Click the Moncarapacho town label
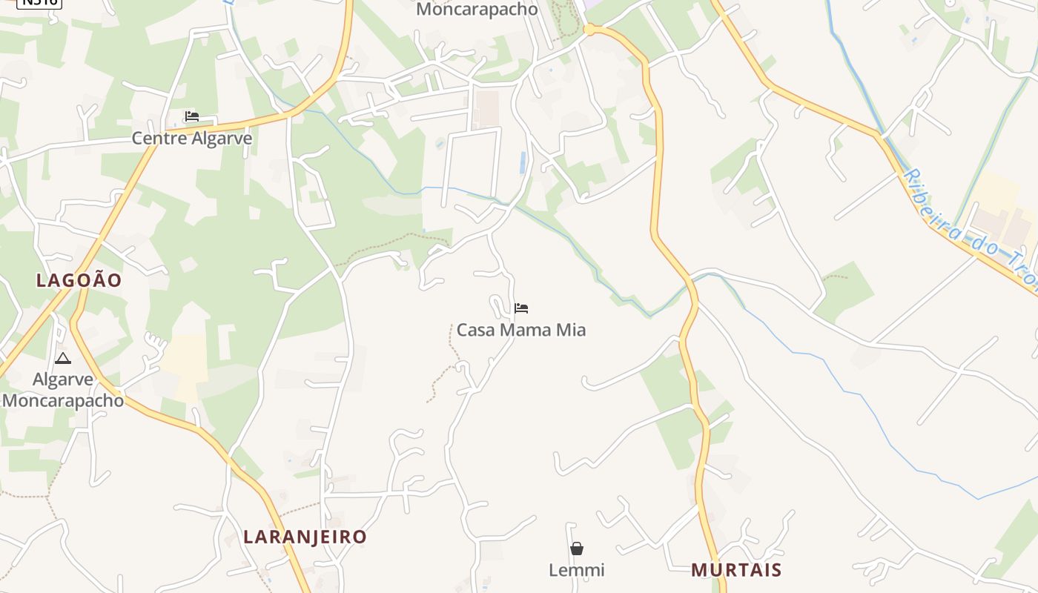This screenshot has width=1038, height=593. [477, 10]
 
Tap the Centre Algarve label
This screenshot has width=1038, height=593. [192, 139]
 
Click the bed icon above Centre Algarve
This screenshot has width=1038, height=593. [192, 116]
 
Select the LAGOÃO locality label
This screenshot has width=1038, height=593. [79, 280]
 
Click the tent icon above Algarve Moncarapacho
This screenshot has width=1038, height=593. [63, 360]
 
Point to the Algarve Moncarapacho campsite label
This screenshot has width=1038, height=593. [63, 390]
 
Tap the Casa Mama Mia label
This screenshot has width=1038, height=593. [520, 330]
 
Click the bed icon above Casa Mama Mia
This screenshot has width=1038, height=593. [521, 308]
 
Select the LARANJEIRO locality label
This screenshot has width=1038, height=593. [305, 537]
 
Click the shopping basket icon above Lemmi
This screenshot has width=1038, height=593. [577, 549]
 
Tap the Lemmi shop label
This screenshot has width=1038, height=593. [577, 570]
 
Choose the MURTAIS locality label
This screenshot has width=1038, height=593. [736, 569]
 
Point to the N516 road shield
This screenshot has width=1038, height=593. [39, 2]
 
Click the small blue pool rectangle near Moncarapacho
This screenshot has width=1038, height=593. [523, 162]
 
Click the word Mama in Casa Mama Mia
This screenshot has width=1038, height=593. [521, 330]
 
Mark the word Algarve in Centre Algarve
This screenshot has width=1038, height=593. [223, 139]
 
